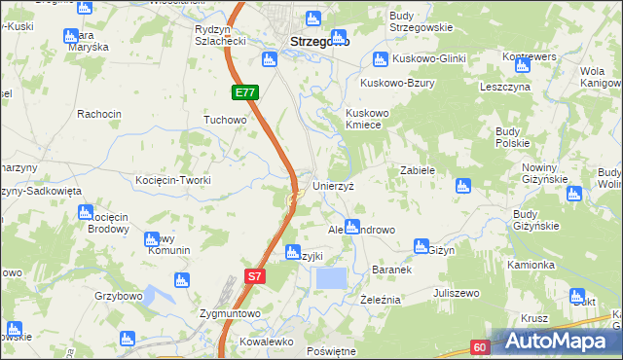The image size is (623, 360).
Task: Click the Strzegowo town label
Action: click(x=320, y=42)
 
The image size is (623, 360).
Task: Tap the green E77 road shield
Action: click(x=245, y=93)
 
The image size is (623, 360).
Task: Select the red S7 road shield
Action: click(x=253, y=277)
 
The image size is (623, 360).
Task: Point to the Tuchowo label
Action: click(x=225, y=121)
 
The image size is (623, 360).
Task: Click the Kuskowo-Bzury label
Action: click(x=397, y=83)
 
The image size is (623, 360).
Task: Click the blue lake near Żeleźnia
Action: click(x=331, y=278)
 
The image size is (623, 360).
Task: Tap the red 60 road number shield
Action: click(x=481, y=346)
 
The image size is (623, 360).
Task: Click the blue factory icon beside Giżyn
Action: click(x=421, y=247)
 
